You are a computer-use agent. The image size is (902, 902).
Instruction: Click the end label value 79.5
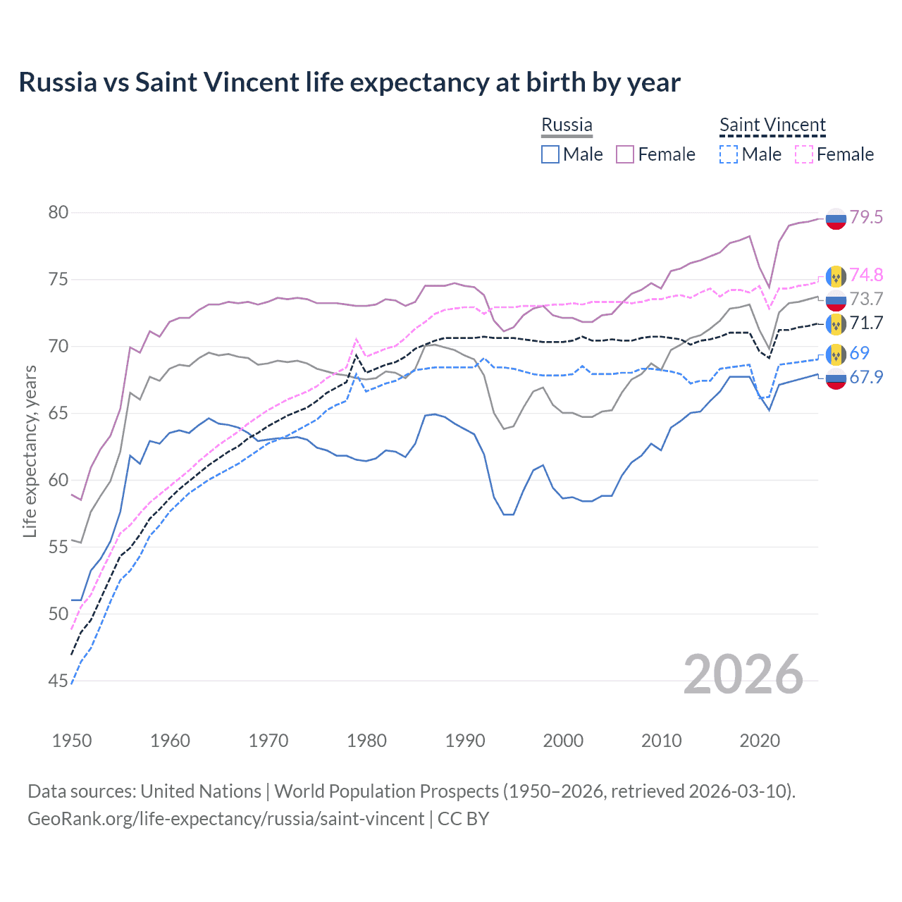866,217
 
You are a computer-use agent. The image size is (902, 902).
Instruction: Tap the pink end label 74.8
866,275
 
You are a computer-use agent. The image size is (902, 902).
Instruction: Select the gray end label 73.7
866,299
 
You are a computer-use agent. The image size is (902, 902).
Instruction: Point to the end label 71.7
866,323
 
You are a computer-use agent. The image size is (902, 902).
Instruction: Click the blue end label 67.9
866,377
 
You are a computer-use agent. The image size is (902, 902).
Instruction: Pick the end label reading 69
859,352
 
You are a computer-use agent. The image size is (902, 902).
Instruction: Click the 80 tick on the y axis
58,212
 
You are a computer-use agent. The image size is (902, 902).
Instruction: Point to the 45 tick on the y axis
58,681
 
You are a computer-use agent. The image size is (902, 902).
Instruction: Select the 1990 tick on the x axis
465,741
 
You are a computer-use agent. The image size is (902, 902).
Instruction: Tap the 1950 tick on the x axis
72,741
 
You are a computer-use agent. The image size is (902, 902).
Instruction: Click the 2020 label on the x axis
760,741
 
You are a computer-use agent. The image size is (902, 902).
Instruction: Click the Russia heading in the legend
567,125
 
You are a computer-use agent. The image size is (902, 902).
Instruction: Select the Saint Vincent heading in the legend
772,125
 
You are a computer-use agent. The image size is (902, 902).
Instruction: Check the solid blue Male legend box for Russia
550,154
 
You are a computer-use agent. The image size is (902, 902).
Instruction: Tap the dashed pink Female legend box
803,154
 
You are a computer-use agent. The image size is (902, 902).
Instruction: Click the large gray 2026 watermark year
743,674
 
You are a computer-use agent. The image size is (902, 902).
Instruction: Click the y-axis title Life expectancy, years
30,451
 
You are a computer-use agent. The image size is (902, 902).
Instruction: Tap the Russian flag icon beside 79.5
836,218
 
